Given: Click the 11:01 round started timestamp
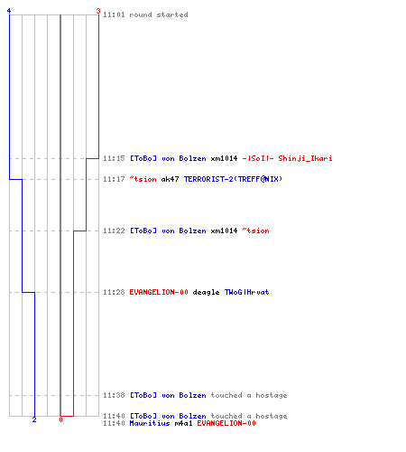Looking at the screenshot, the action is [x=114, y=14].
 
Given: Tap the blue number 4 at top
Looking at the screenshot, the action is [x=9, y=11].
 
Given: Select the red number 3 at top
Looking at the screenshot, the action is [x=98, y=11].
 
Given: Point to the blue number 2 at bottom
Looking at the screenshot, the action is [x=34, y=419].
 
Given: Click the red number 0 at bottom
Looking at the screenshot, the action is [x=60, y=419].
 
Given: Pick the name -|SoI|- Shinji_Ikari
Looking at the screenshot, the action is [x=287, y=158].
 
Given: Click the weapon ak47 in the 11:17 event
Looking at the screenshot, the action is [x=170, y=179].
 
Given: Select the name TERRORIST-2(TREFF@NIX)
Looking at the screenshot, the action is [x=233, y=179].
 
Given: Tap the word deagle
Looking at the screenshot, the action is [x=206, y=292].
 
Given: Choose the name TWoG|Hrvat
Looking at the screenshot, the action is [x=246, y=292].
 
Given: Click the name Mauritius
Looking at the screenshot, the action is [x=150, y=423].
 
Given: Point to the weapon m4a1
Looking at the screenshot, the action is [x=183, y=423].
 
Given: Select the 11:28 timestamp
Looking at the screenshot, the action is [x=114, y=292].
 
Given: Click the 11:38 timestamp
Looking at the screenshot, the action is [x=114, y=395].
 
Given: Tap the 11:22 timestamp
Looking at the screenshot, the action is [x=114, y=231].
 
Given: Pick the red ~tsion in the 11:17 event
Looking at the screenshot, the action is [x=143, y=179].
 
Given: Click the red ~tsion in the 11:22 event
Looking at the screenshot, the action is [x=255, y=231].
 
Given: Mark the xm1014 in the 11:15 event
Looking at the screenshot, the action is [x=224, y=158].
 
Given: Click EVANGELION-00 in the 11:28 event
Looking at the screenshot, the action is [x=159, y=292].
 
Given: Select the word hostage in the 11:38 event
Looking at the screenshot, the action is [x=272, y=395].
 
